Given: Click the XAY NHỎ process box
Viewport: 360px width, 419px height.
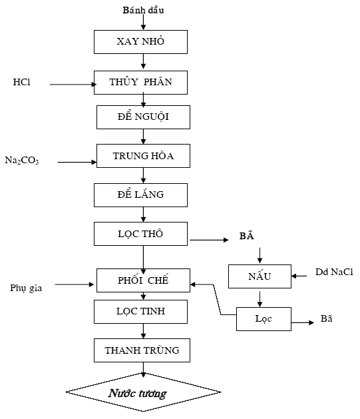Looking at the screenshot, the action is pyautogui.click(x=140, y=42).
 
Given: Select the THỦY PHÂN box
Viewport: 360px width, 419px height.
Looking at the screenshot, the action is pyautogui.click(x=140, y=83).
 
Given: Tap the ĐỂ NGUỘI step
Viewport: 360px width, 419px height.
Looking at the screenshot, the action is pyautogui.click(x=143, y=117).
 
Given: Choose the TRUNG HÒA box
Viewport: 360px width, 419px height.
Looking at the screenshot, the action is pyautogui.click(x=143, y=156).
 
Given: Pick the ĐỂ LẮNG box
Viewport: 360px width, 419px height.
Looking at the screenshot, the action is pyautogui.click(x=140, y=195).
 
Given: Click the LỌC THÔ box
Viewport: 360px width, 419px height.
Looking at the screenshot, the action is pyautogui.click(x=140, y=234).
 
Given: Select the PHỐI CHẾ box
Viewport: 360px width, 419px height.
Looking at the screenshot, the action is pyautogui.click(x=143, y=280).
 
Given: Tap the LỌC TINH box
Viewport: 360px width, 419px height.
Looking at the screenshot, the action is pyautogui.click(x=140, y=312).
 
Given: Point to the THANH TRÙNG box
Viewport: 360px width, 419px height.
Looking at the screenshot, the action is pyautogui.click(x=142, y=350).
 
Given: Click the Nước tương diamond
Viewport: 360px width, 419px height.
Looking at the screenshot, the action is pyautogui.click(x=143, y=392).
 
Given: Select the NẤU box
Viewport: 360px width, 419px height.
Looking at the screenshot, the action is pyautogui.click(x=260, y=276).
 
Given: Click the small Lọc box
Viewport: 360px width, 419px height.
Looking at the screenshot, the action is pyautogui.click(x=264, y=319).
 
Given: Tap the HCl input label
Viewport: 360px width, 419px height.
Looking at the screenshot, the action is pyautogui.click(x=21, y=82).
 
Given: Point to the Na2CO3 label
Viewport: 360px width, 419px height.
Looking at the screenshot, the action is pyautogui.click(x=22, y=161).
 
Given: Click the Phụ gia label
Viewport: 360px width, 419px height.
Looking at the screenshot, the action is pyautogui.click(x=26, y=288).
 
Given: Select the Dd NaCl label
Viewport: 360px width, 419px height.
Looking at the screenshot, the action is pyautogui.click(x=334, y=272).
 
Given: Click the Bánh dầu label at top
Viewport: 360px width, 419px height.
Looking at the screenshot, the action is pyautogui.click(x=143, y=10).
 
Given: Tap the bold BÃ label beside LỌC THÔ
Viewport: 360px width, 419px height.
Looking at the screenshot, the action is pyautogui.click(x=247, y=235).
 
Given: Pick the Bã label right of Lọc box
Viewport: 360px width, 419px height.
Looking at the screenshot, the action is pyautogui.click(x=326, y=318).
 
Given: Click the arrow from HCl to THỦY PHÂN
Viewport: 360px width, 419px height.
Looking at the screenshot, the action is pyautogui.click(x=73, y=85).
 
